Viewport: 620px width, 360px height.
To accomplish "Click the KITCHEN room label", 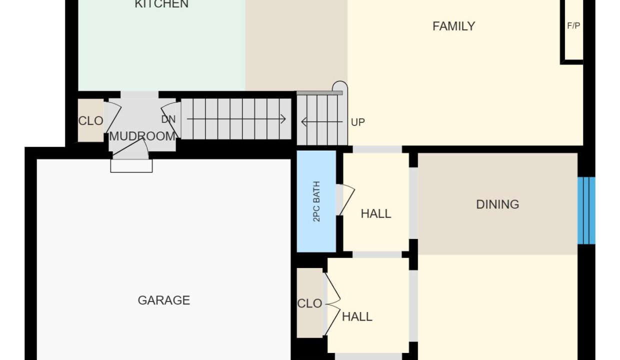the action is pos(161,4).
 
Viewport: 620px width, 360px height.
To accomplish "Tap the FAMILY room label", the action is pos(453,26).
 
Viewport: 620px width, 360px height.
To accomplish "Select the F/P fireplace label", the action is pos(573,25).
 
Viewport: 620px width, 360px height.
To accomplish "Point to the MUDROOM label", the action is pos(142,136).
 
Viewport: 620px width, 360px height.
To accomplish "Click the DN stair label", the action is pos(168,119).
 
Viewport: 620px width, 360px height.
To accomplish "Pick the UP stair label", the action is pos(357,122).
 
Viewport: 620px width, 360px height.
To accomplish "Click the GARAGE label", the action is pos(164,300).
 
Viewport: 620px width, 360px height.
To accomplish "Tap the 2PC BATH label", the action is pos(316,201).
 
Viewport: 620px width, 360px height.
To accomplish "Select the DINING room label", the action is pos(497,204).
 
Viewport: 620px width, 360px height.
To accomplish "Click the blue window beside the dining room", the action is pos(586,210).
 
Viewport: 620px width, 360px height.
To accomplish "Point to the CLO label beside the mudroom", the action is pos(91,121).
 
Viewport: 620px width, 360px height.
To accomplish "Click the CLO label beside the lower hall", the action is pos(309,303).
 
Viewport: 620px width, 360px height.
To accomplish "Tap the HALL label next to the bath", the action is pos(376,213).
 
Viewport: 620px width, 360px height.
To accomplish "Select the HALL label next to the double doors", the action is pos(357,316).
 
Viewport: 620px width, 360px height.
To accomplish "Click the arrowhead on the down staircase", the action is pos(283,119).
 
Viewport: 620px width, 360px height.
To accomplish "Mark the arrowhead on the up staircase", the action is pos(303,122).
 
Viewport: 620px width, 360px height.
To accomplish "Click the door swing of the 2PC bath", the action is pos(346,199).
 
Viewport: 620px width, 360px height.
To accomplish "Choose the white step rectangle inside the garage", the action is pos(131,165).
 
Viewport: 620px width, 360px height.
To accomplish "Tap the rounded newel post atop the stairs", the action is pos(339,86).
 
